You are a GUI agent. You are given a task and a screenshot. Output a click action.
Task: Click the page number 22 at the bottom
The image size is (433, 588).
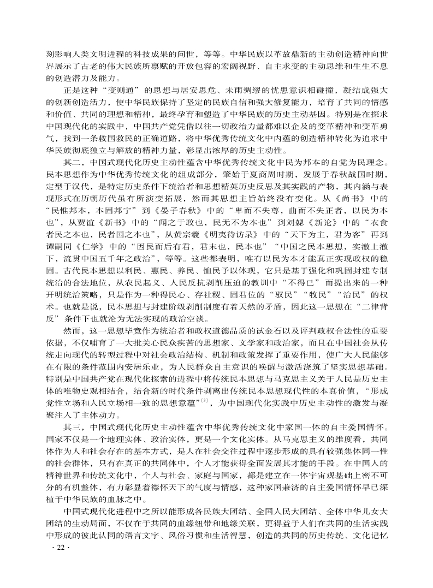[x=57, y=563]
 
